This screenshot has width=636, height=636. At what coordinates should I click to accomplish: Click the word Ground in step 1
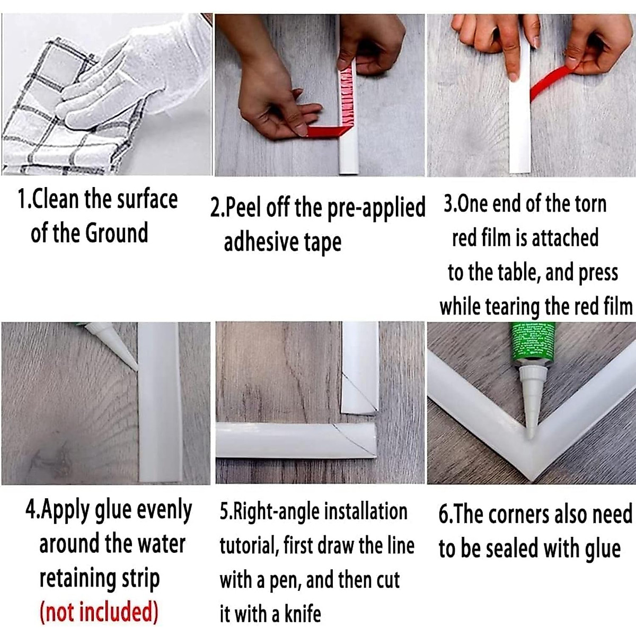pyautogui.click(x=117, y=233)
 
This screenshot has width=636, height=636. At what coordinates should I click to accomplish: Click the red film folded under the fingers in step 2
pyautogui.click(x=327, y=131)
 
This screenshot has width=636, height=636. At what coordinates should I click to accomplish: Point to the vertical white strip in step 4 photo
pyautogui.click(x=160, y=403)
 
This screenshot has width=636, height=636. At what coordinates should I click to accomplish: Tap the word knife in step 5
pyautogui.click(x=303, y=614)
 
